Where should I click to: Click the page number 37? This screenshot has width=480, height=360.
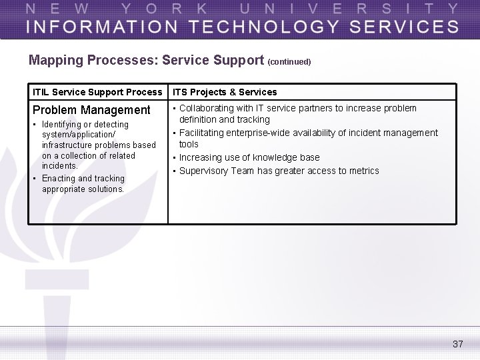coord(457,344)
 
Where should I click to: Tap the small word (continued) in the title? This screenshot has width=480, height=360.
coord(289,62)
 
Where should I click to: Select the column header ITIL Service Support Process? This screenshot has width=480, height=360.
coord(97,92)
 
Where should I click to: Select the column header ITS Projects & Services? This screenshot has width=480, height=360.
coord(225,92)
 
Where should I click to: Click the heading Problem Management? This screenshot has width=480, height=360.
coord(91,110)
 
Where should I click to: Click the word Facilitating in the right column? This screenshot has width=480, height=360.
coord(203,133)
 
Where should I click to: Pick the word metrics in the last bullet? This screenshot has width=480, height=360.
coord(363,171)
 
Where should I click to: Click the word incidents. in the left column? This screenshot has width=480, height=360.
coord(60,166)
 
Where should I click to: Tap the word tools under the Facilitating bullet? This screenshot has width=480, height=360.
coord(189,144)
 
